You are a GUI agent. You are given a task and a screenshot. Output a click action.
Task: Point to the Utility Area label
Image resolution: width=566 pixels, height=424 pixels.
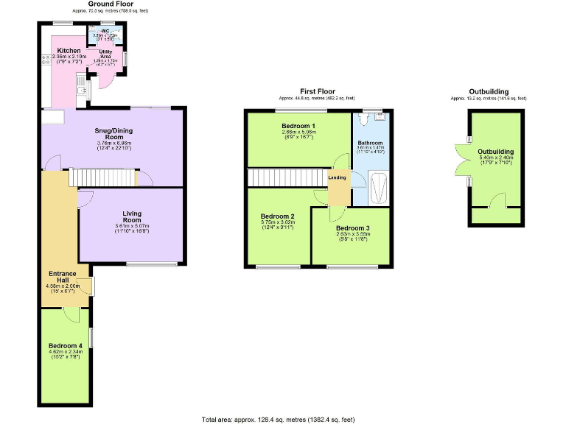pyautogui.click(x=106, y=52)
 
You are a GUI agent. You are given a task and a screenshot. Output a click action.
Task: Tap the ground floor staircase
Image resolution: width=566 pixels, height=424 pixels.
pyautogui.click(x=103, y=177)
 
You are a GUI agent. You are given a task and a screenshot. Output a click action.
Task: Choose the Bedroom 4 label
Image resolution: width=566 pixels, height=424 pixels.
pyautogui.click(x=66, y=345)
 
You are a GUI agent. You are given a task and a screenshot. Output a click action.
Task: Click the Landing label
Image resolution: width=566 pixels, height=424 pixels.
pyautogui.click(x=338, y=177)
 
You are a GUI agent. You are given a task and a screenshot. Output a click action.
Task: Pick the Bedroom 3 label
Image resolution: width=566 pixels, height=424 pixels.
pyautogui.click(x=353, y=228)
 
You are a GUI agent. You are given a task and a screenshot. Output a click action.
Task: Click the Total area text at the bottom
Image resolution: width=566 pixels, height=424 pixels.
pyautogui.click(x=278, y=418)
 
